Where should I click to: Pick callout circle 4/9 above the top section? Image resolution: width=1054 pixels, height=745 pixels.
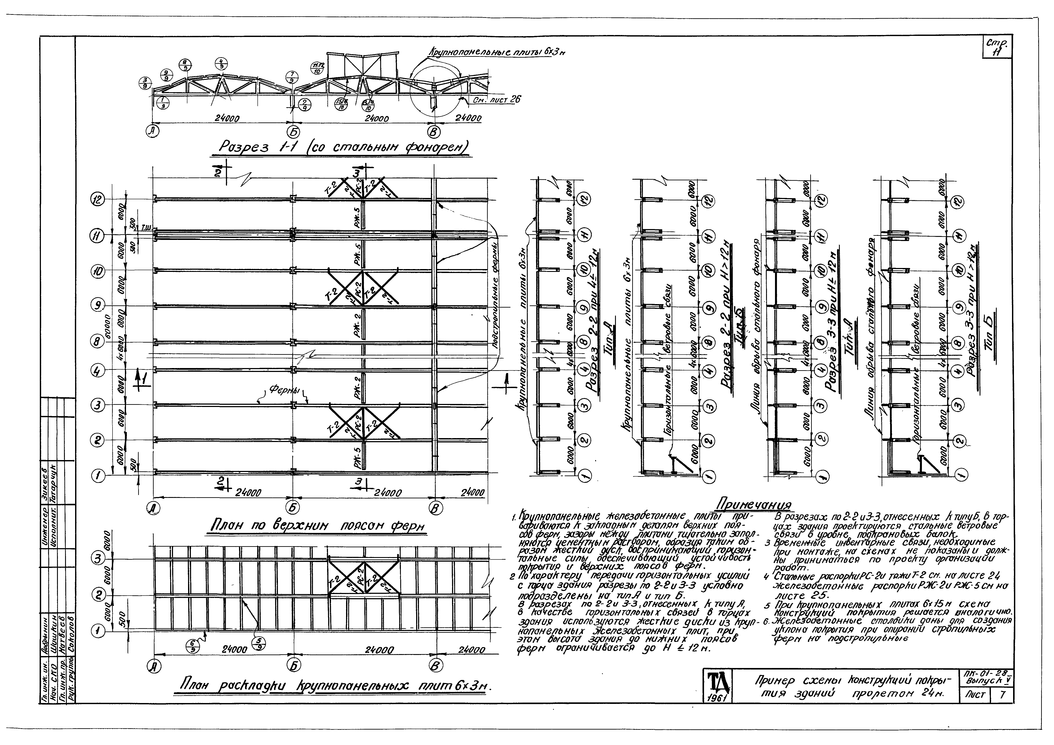(222, 64)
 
